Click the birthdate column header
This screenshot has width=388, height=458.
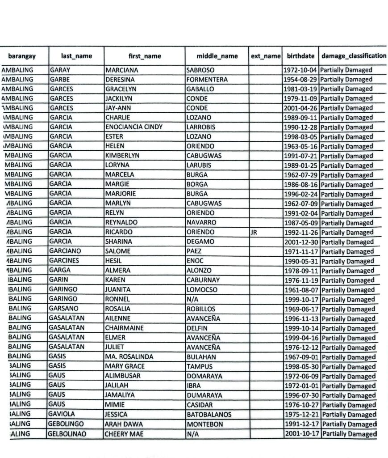[300, 56]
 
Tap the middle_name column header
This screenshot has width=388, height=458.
[217, 56]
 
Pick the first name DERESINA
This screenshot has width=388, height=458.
[121, 80]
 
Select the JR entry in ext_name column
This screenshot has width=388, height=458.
[254, 233]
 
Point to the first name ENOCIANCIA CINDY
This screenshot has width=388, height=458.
[134, 127]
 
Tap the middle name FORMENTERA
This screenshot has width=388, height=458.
[208, 80]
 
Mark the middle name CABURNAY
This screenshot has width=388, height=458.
[204, 280]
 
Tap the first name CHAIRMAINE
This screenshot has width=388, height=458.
[124, 328]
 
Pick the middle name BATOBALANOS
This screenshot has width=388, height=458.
[209, 415]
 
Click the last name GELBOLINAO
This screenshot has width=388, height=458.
[68, 434]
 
